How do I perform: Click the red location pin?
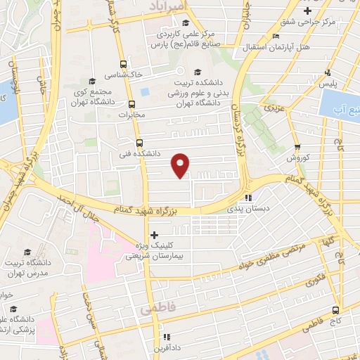point(181,165)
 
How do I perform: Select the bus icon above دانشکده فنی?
point(139,142)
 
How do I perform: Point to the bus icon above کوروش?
point(297,148)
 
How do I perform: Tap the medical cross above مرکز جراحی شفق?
point(307,11)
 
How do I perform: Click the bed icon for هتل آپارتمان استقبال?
point(276,36)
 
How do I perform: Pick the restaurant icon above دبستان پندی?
point(247,198)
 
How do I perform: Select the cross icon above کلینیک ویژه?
point(155,235)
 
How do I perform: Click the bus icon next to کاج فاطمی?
point(336,309)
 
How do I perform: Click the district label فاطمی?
point(155,309)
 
